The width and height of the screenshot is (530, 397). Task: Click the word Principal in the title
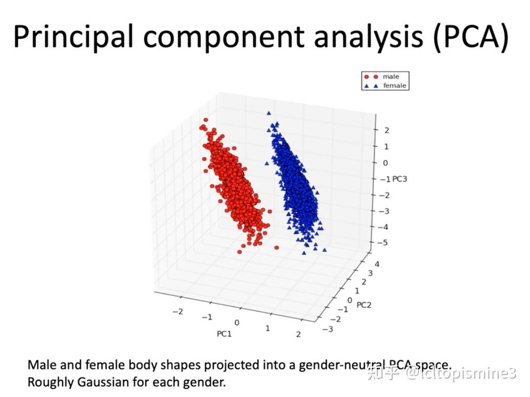click(71, 37)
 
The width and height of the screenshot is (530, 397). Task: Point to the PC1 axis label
click(224, 334)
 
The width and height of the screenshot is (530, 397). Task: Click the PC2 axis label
click(363, 305)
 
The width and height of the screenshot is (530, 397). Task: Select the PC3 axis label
click(399, 179)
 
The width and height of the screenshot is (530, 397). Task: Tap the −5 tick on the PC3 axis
click(384, 243)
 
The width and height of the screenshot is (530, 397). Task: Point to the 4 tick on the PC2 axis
click(377, 264)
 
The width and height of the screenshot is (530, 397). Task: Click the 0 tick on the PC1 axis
click(237, 323)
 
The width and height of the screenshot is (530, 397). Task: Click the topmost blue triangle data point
click(269, 113)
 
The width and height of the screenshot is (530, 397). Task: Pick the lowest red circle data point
click(239, 252)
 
